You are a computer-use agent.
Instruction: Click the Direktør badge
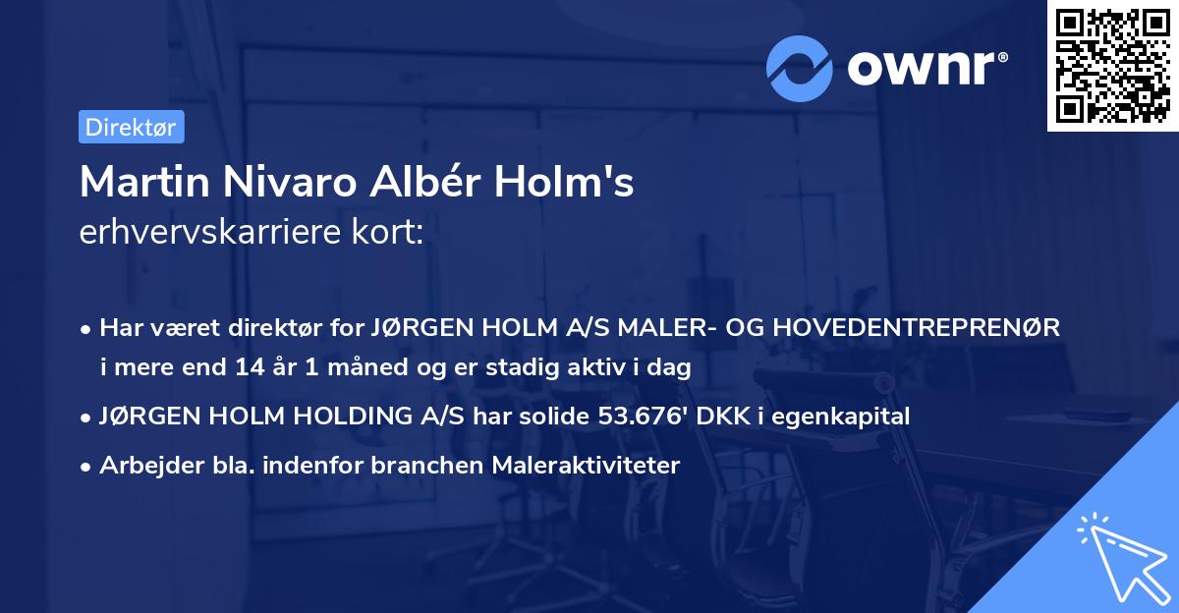tap(131, 127)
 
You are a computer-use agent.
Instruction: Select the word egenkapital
tap(852, 417)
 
